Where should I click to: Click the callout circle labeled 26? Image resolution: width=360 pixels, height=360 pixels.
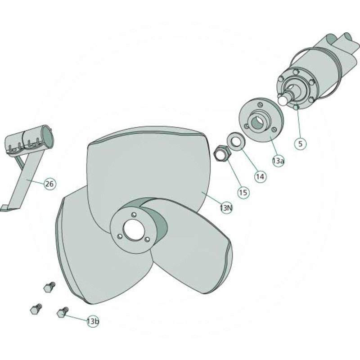pyautogui.click(x=49, y=184)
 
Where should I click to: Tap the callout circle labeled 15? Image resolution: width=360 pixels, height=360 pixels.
pyautogui.click(x=243, y=193)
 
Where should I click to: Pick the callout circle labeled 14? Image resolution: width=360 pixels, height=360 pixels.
pyautogui.click(x=260, y=176)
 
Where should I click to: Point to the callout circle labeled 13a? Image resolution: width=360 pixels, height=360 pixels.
pyautogui.click(x=278, y=161)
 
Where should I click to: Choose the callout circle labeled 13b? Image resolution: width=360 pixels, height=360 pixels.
pyautogui.click(x=93, y=321)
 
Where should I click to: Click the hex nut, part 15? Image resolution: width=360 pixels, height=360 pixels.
pyautogui.click(x=221, y=153)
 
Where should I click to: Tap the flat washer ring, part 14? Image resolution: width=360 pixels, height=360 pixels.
pyautogui.click(x=235, y=140)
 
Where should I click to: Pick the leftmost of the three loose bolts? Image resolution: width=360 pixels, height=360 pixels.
pyautogui.click(x=36, y=310)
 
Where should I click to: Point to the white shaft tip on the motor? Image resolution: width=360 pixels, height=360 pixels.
pyautogui.click(x=283, y=100)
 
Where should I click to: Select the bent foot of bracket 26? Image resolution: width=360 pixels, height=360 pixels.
pyautogui.click(x=4, y=208)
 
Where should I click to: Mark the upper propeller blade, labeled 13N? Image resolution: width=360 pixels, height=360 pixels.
pyautogui.click(x=148, y=166)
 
